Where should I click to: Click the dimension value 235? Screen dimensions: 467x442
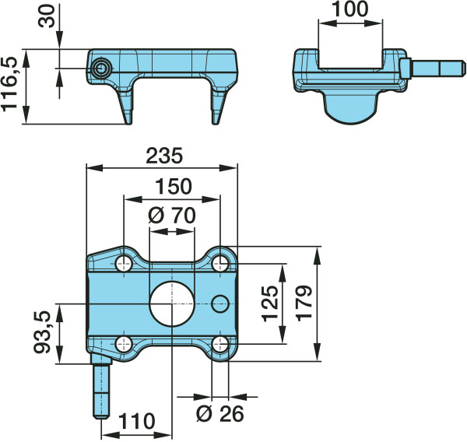163,156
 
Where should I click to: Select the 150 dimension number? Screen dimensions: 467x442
174,187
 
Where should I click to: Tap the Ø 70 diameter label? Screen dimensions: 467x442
172,216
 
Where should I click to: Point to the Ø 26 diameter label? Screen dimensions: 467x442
220,414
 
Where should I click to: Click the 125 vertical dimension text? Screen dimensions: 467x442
270,303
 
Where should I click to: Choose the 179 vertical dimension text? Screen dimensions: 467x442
304,303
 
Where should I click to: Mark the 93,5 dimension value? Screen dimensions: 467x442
42,332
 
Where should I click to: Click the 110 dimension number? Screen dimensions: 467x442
137,422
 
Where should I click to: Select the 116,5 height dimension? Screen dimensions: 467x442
9,84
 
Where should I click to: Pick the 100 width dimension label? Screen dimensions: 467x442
350,9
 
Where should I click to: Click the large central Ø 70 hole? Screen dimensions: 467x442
172,303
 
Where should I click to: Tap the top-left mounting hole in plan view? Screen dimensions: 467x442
124,264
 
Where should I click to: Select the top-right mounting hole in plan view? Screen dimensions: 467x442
220,263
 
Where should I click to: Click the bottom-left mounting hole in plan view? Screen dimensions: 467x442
124,345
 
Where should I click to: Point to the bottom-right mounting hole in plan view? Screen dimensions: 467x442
220,345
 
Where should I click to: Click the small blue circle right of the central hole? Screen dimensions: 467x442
220,303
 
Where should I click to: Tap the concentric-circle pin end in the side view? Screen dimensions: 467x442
101,68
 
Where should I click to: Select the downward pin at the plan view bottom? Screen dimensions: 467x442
101,386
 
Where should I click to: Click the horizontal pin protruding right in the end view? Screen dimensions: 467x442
433,68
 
